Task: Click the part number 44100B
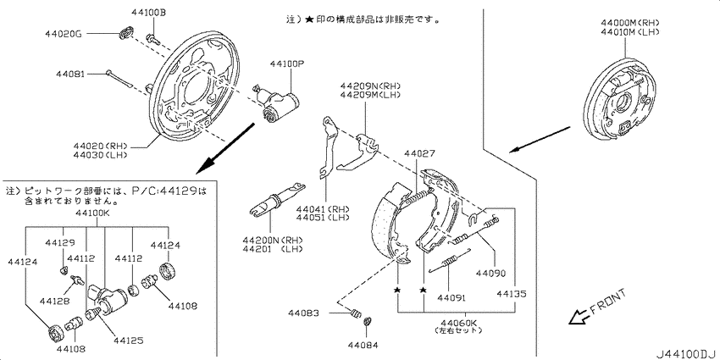pyautogui.click(x=149, y=13)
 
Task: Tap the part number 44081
pyautogui.click(x=72, y=74)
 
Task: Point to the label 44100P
pyautogui.click(x=288, y=64)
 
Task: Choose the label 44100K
pyautogui.click(x=92, y=214)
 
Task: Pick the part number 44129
pyautogui.click(x=60, y=242)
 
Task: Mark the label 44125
pyautogui.click(x=130, y=340)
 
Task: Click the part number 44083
pyautogui.click(x=302, y=313)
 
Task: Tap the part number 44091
pyautogui.click(x=451, y=297)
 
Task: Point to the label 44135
pyautogui.click(x=511, y=294)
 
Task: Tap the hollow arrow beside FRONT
pyautogui.click(x=579, y=317)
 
